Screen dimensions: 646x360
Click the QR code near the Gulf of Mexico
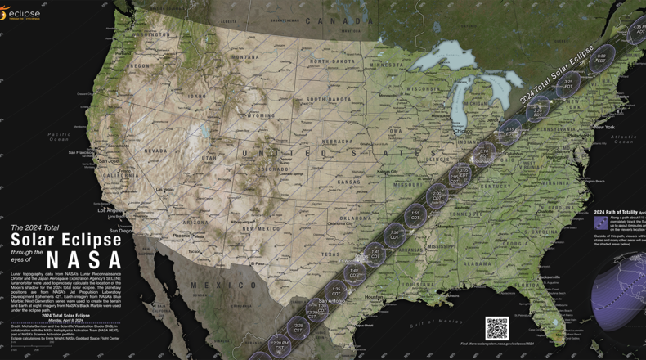[x=496, y=328]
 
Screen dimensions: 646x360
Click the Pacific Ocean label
[x=58, y=136]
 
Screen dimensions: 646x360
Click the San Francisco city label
[x=82, y=153]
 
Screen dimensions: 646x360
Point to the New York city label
[x=604, y=127]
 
